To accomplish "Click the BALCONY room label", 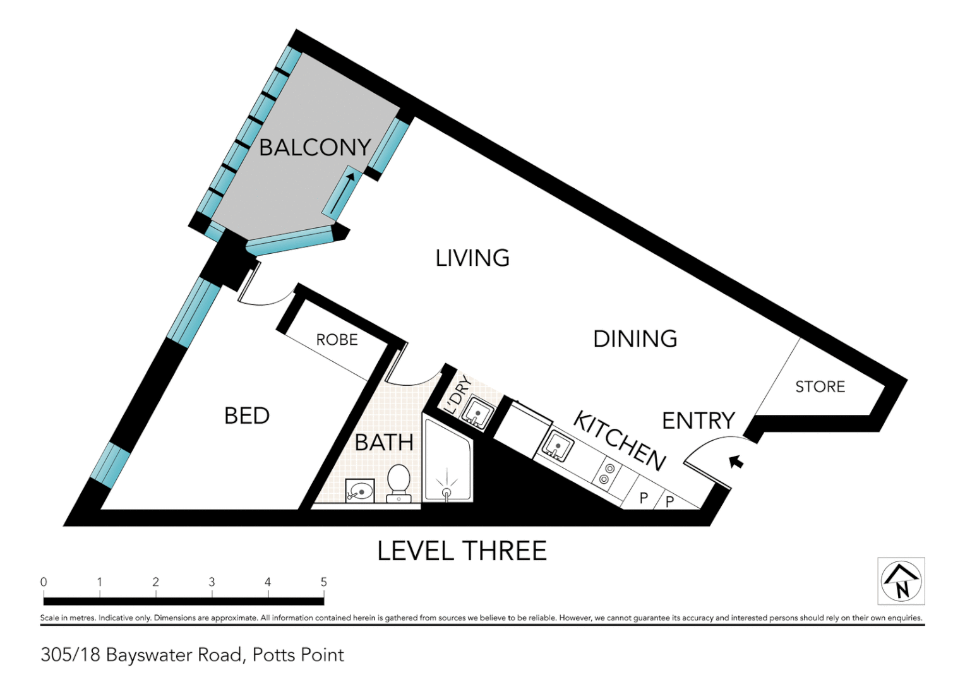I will pos(315,147).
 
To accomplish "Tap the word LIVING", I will pos(472,258).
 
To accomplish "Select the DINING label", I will pos(635,339).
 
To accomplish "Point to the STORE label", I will pos(820,386).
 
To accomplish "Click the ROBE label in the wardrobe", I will pos(337,340).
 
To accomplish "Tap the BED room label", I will pos(247,416).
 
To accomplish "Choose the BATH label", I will pos(384,443).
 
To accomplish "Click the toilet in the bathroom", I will pos(398,483).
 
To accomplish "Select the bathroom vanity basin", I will pos(360,489).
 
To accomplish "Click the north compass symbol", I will pos(901,581).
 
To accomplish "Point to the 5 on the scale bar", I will pos(323,582).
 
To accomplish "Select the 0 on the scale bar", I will pos(44,582).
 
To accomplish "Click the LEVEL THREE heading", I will pos(462,551).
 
